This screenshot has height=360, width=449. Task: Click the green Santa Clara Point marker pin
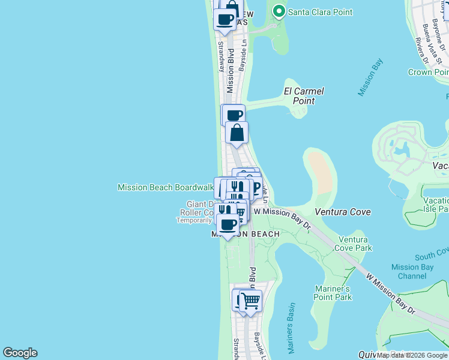tap(279, 11)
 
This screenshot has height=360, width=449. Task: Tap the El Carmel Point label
tap(304, 96)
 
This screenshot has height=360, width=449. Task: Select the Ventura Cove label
tap(343, 212)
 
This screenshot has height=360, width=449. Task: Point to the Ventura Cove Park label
tap(355, 244)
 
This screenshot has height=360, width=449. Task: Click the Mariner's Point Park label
tap(333, 293)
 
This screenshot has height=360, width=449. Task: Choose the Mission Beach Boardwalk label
tap(166, 187)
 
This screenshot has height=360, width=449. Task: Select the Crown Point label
tap(428, 72)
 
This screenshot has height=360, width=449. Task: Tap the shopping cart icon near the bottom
tap(251, 300)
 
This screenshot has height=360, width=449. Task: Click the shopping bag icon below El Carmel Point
tap(237, 133)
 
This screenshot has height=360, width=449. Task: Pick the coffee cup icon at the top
tap(225, 19)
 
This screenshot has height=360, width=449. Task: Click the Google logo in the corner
tap(20, 353)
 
